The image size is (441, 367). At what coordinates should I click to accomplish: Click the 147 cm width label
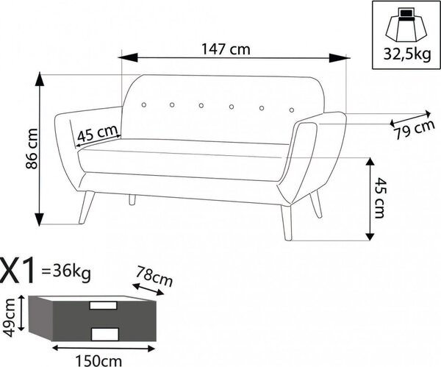(226, 49)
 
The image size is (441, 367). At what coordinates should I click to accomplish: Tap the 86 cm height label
(32, 149)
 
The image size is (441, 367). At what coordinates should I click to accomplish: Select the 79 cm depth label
(415, 129)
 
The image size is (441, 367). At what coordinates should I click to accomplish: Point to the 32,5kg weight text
(407, 54)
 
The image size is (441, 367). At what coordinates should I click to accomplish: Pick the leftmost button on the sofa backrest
(144, 104)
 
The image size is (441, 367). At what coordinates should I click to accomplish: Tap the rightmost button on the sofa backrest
(292, 110)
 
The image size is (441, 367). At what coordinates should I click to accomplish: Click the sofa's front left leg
(86, 207)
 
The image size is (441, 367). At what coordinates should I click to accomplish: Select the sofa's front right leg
(287, 223)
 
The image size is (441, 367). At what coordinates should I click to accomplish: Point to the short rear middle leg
(132, 199)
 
